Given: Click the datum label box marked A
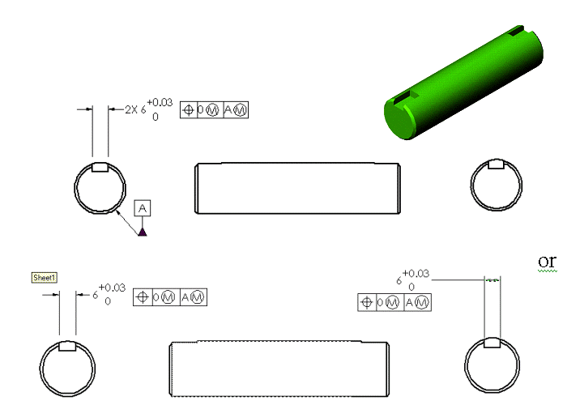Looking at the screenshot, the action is coord(143,208).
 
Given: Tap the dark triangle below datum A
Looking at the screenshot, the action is coord(143,232).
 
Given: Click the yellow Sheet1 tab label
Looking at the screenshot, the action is coord(44,278).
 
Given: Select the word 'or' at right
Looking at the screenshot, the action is coord(547,261).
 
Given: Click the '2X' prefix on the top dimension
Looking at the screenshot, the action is coord(131,109).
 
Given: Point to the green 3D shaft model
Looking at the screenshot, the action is coord(463,82).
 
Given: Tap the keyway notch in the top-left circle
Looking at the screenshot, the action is coord(100,168).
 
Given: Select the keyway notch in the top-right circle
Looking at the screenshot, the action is coord(496,164).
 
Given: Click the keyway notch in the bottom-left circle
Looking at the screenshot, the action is coord(67,346).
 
